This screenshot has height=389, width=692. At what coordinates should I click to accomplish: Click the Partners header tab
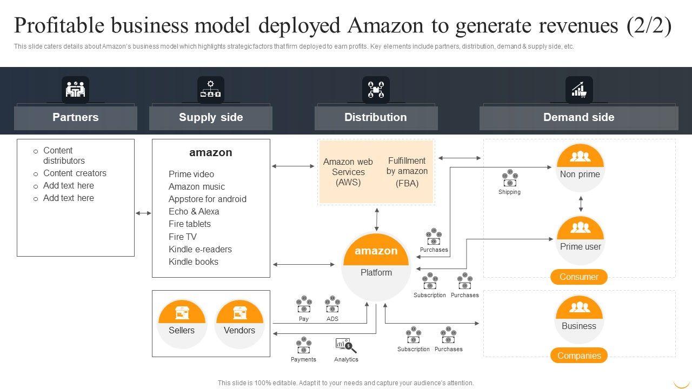tap(76, 118)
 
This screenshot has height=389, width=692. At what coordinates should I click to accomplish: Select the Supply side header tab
tap(211, 118)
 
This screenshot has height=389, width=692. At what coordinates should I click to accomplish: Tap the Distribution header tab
tap(376, 118)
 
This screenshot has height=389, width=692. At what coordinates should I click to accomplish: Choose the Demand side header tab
tap(578, 118)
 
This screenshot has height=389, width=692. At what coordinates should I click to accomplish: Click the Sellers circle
tap(182, 324)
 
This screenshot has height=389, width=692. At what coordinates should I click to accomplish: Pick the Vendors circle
tap(239, 324)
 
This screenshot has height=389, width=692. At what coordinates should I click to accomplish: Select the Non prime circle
tap(580, 167)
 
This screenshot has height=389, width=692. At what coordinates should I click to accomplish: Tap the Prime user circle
tap(581, 240)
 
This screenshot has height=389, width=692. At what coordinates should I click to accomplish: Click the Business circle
tap(579, 319)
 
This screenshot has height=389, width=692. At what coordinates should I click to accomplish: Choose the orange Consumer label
tap(579, 277)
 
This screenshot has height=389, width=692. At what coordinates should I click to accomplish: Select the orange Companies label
tap(579, 356)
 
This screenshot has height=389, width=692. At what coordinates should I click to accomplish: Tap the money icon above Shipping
tap(509, 178)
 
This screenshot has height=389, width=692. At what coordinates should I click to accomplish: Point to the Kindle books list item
tap(194, 261)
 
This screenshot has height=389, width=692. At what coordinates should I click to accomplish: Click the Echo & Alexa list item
tap(194, 211)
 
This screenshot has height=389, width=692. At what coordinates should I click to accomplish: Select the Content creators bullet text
tap(75, 173)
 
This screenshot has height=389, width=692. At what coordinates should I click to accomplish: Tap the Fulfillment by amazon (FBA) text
tap(407, 172)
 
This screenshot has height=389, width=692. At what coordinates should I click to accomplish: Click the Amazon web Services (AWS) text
tap(348, 172)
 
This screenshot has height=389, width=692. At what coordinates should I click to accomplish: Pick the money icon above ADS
tap(332, 305)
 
